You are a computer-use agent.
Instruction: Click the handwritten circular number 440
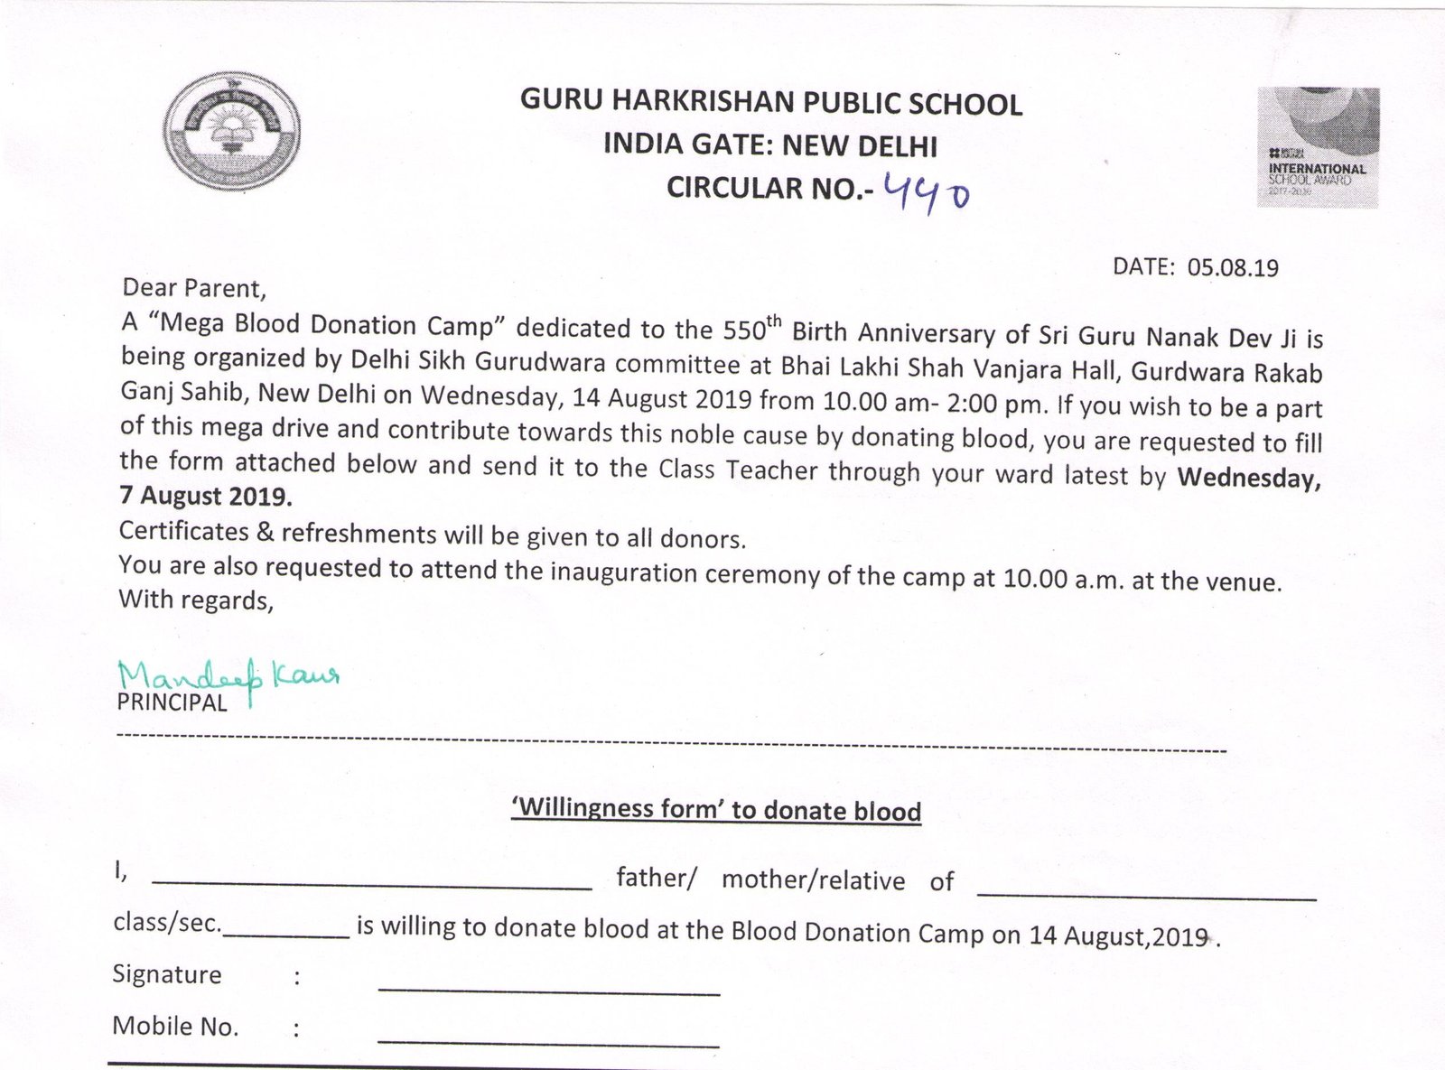[928, 191]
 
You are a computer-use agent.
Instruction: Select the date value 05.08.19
[1233, 268]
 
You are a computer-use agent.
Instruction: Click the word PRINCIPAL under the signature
[172, 703]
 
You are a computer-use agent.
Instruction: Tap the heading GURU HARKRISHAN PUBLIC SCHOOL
[770, 104]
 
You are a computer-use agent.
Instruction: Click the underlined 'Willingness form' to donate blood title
[716, 809]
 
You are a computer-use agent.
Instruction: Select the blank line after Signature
[548, 991]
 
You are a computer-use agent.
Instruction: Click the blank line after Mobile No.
[548, 1044]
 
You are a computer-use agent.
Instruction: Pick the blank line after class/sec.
[286, 935]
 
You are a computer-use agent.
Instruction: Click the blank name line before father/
[371, 887]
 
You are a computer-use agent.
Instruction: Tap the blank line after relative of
[1146, 897]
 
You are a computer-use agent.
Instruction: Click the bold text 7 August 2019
[206, 497]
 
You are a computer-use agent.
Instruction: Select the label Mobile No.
[175, 1027]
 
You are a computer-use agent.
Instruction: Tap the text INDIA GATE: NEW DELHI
[770, 145]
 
